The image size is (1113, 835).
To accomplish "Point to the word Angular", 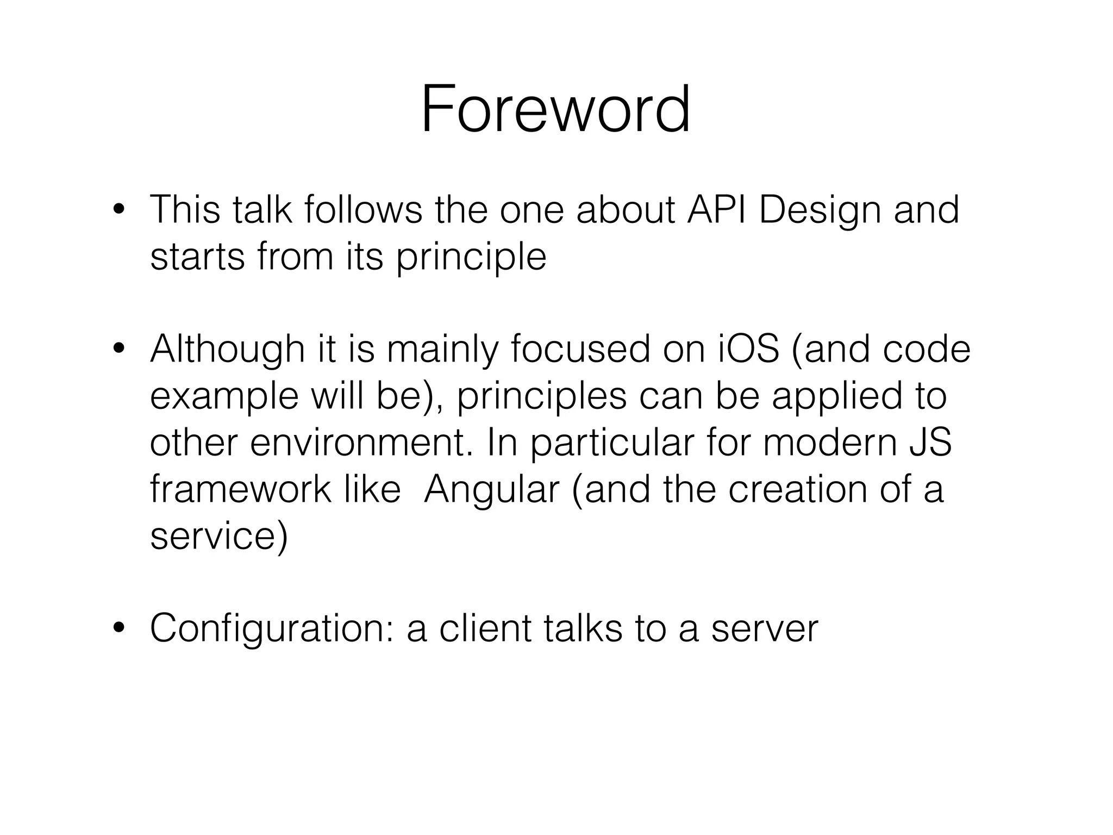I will point(491,489).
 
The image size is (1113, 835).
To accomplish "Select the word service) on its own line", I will point(218,536).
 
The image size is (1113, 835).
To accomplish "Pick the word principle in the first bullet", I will point(471,257).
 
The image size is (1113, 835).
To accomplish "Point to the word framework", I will point(240,489).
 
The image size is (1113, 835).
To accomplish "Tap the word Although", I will point(227,350).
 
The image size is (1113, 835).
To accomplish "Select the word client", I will point(485,629).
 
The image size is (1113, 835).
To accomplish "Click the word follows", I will point(363,209).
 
